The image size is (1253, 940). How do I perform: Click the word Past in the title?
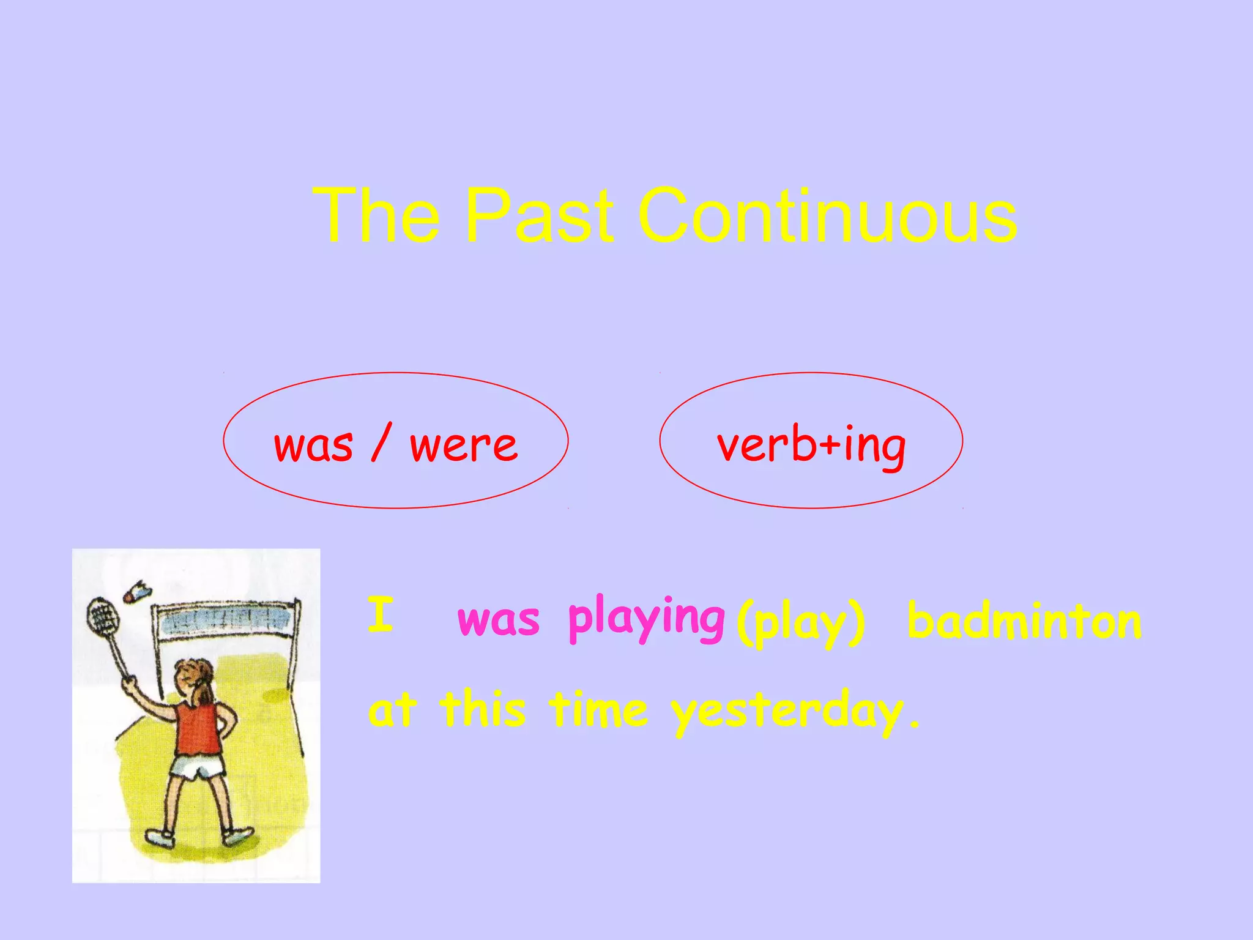point(538,215)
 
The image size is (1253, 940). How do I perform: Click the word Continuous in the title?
point(827,215)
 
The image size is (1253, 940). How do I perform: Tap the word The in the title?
point(376,215)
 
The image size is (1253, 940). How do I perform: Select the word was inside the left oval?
point(313,445)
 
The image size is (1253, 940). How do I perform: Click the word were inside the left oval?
point(464,445)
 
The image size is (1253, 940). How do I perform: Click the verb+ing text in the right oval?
point(811,445)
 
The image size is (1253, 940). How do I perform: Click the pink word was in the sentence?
point(499,619)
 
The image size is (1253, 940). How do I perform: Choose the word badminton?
point(1024,621)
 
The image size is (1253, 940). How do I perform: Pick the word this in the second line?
point(483,709)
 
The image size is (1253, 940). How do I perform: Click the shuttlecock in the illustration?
point(137,592)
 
